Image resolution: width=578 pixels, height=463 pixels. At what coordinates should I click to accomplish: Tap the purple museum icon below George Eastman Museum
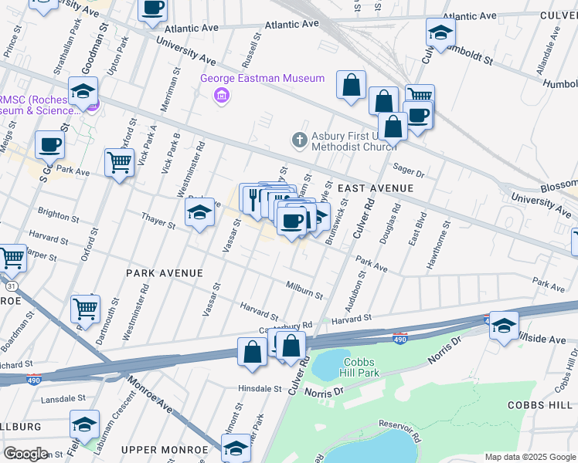point(222,96)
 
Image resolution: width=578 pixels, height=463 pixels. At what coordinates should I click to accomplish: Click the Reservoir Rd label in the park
point(399,432)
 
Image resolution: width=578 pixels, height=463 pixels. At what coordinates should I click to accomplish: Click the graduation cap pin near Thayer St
point(199,213)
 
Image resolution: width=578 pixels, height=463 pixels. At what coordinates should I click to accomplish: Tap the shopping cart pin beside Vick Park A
point(119,164)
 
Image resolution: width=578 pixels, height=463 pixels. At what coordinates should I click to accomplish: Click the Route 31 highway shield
point(23,286)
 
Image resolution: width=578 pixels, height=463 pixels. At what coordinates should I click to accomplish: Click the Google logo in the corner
point(26,453)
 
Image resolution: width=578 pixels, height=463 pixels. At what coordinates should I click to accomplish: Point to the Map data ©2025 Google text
point(529,457)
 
